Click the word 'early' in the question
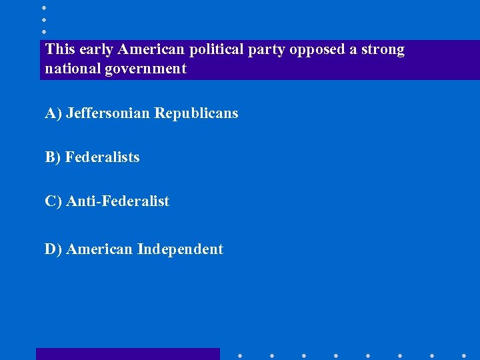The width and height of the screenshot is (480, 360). pos(94,50)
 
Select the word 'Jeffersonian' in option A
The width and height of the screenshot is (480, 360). pos(108,113)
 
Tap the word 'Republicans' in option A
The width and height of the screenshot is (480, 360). pos(196,113)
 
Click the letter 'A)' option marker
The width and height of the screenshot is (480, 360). pos(53,113)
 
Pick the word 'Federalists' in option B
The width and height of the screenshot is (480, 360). pos(103,157)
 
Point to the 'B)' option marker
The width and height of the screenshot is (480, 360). pos(53,157)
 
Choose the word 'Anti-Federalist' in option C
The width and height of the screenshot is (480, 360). pos(118,201)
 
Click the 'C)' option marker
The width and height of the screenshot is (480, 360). pos(53,201)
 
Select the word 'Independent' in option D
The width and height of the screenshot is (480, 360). pos(180,249)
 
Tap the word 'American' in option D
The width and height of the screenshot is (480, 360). pos(100,249)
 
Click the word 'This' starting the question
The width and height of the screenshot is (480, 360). pos(60,50)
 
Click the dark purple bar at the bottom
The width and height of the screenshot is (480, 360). pos(127,354)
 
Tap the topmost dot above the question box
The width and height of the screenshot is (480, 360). pos(43,8)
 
